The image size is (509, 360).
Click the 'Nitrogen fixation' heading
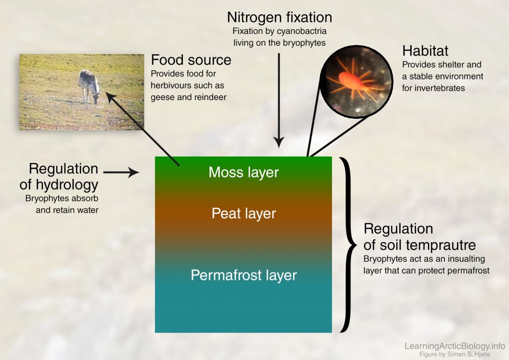(279, 17)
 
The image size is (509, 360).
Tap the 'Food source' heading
(191, 60)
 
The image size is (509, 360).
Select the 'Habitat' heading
(425, 51)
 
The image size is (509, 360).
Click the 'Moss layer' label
(244, 173)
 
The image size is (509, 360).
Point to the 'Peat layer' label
(244, 214)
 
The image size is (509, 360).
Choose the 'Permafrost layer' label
(244, 275)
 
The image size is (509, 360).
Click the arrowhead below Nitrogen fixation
(279, 142)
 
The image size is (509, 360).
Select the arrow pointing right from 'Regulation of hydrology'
(121, 173)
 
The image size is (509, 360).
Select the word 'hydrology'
(67, 185)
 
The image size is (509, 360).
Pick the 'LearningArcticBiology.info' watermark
(455, 346)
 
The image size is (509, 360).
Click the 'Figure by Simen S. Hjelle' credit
(455, 354)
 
